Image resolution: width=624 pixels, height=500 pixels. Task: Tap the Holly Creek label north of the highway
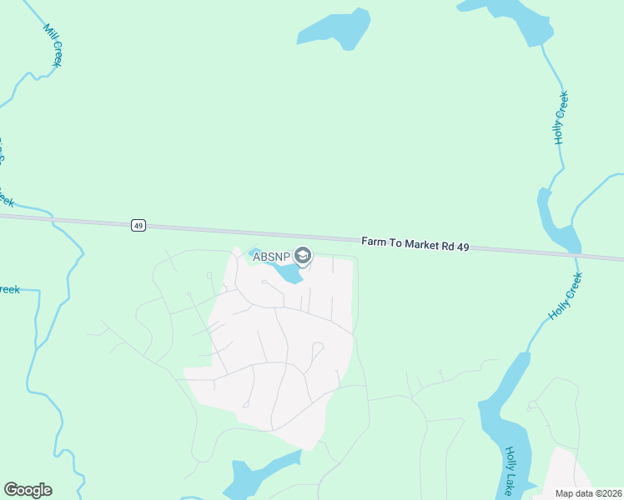pyautogui.click(x=561, y=117)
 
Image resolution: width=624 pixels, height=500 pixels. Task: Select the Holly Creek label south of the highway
pyautogui.click(x=565, y=297)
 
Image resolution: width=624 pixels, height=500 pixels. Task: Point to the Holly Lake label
pyautogui.click(x=511, y=471)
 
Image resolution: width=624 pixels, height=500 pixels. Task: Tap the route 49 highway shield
pyautogui.click(x=138, y=225)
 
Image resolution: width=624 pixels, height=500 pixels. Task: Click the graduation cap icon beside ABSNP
pyautogui.click(x=304, y=256)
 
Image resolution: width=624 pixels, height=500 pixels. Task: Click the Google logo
pyautogui.click(x=28, y=490)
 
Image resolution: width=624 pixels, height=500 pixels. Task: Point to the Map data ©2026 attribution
pyautogui.click(x=589, y=493)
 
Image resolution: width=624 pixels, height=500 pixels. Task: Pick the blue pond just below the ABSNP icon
pyautogui.click(x=288, y=274)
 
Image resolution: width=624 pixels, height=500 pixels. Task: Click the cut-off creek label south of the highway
pyautogui.click(x=8, y=289)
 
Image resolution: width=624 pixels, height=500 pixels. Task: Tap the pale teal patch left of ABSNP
pyautogui.click(x=251, y=252)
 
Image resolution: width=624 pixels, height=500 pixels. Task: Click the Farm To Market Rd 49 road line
pyautogui.click(x=250, y=230)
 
